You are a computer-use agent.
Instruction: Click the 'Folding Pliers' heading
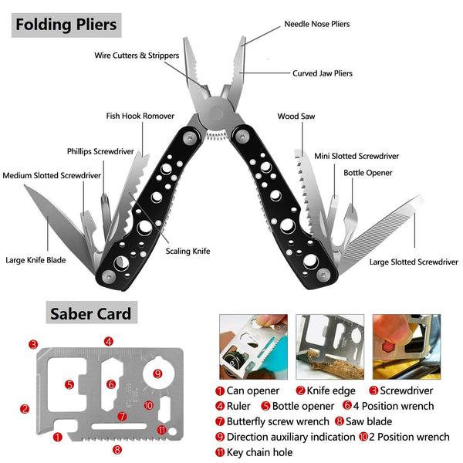66,24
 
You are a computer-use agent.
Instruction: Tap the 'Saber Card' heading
90,313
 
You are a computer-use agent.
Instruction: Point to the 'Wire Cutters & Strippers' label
137,56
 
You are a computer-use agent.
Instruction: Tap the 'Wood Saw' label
296,117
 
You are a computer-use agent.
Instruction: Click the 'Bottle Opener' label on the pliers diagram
368,173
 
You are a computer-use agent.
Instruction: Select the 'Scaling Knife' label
188,251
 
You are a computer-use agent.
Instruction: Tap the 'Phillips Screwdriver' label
100,151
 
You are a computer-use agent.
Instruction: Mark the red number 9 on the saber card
157,374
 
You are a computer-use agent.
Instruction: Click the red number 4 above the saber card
109,341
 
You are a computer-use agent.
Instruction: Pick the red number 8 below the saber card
117,449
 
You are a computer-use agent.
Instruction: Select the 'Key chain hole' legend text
261,452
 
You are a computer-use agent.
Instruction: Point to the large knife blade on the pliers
54,216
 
